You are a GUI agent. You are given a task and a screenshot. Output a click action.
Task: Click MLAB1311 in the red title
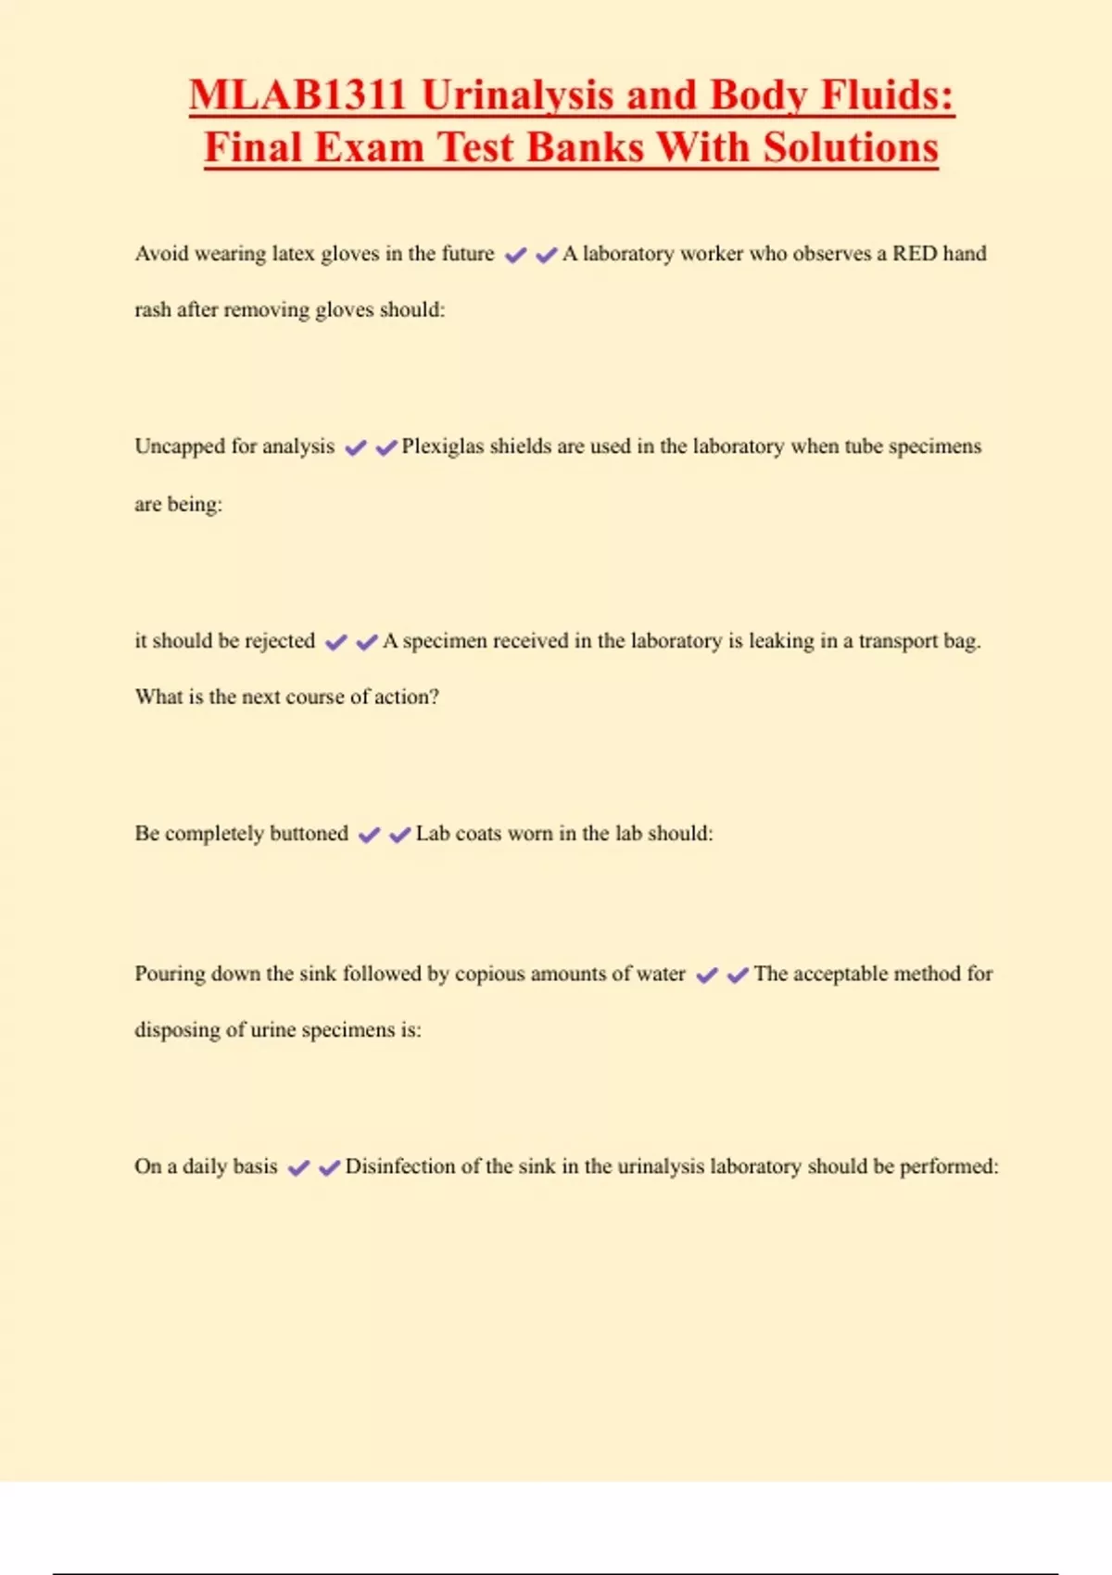pyautogui.click(x=297, y=95)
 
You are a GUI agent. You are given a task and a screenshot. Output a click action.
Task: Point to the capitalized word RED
pyautogui.click(x=914, y=254)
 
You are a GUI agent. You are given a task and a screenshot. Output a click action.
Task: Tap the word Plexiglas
pyautogui.click(x=442, y=447)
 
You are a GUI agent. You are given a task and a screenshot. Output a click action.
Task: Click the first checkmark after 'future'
pyautogui.click(x=515, y=255)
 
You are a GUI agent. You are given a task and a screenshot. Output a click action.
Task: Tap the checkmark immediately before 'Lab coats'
pyautogui.click(x=399, y=835)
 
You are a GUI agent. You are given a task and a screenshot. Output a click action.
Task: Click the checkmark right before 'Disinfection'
pyautogui.click(x=329, y=1167)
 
